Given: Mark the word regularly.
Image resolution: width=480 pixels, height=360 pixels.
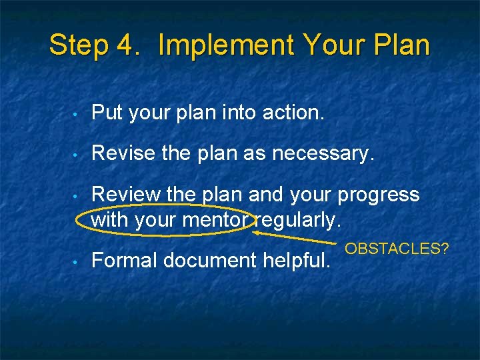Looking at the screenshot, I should [x=298, y=219].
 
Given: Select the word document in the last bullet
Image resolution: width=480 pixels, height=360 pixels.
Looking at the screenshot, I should [x=215, y=261].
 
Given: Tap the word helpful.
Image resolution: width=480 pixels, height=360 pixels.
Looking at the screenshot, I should [x=299, y=261].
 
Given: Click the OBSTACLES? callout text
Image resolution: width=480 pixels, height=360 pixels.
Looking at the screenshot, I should [x=397, y=249].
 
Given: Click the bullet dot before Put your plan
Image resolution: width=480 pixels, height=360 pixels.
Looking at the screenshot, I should [x=77, y=114].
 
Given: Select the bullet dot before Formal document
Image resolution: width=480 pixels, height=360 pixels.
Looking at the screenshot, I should [x=77, y=261].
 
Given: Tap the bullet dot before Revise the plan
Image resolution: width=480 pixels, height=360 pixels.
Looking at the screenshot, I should [x=77, y=155].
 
